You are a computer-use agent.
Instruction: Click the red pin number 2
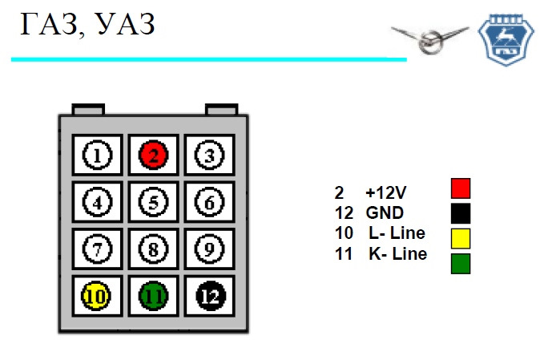click(x=154, y=155)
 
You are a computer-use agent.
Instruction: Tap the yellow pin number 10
click(x=96, y=296)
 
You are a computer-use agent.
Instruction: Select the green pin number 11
click(x=154, y=296)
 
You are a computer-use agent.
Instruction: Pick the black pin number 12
click(x=210, y=296)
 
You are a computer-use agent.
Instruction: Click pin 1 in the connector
click(x=97, y=155)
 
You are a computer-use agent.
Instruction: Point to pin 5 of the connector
click(x=154, y=202)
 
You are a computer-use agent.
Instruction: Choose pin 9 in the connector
click(x=209, y=249)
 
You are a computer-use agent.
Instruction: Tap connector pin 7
click(x=97, y=249)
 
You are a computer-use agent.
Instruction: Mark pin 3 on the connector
click(x=209, y=155)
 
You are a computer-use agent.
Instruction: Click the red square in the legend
click(x=461, y=188)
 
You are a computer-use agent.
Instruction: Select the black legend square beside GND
click(x=461, y=213)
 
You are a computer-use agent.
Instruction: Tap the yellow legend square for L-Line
click(x=461, y=238)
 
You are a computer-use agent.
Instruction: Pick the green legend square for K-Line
click(x=461, y=264)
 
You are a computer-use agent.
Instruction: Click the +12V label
click(x=386, y=192)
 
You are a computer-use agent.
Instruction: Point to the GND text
click(x=385, y=212)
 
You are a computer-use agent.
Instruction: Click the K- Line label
click(x=398, y=253)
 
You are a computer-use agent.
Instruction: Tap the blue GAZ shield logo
click(x=506, y=40)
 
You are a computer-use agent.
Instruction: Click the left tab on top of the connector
click(x=88, y=109)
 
